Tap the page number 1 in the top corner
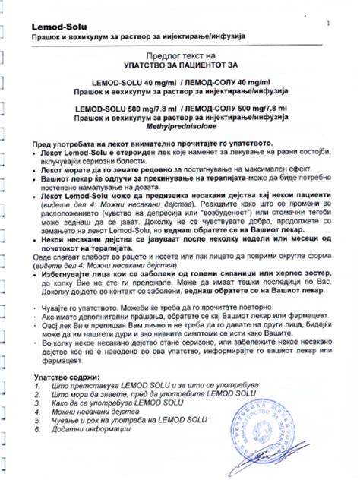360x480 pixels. (328, 23)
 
